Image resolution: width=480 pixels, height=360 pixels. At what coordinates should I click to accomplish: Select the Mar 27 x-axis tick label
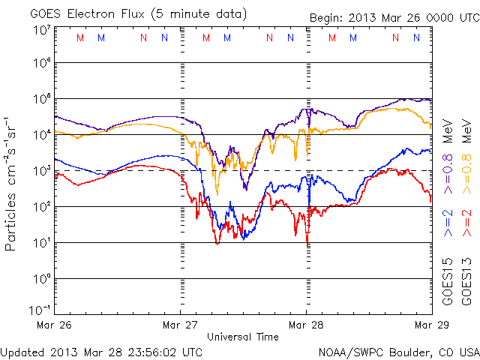181,325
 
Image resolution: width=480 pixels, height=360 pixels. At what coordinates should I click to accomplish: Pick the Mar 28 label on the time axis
306,325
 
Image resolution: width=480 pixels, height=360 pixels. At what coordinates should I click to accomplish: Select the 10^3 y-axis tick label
42,171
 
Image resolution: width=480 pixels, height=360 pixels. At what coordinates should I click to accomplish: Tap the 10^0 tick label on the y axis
42,279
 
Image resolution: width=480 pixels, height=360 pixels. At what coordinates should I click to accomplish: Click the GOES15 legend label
448,281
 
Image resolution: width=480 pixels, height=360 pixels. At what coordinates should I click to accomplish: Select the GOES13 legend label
466,281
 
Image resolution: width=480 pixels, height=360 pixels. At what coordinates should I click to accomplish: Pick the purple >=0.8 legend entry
448,178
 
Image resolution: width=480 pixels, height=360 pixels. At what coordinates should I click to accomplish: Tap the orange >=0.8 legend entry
466,178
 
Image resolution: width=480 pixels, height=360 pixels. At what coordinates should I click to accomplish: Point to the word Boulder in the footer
406,352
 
